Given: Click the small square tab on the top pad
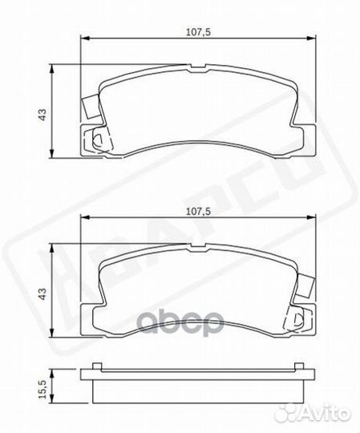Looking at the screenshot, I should (x=89, y=105).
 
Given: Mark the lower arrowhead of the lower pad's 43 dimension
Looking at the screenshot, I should (x=55, y=338).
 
